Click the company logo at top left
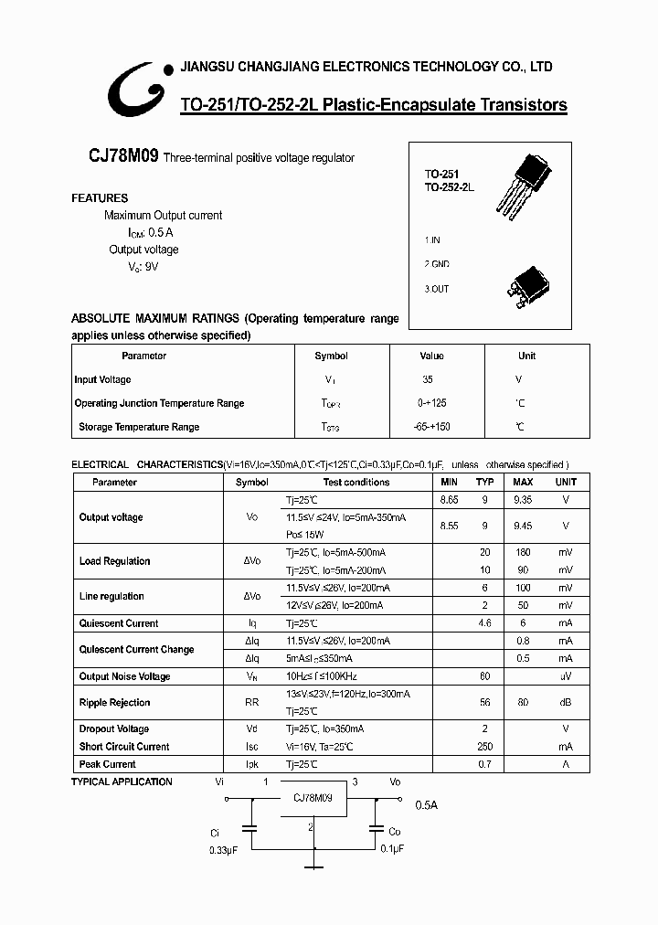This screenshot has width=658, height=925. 137,89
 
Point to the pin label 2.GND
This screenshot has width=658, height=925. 436,264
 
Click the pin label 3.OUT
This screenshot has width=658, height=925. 436,289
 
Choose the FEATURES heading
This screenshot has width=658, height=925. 100,198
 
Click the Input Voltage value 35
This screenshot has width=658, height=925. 428,379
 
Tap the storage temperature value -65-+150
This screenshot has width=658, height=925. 431,427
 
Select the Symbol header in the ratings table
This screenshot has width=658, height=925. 331,356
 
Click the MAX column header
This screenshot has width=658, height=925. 523,482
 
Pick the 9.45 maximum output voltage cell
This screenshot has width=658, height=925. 523,526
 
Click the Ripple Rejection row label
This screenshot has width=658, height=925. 114,703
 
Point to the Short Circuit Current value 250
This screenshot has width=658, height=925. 484,747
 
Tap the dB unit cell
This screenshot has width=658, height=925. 566,703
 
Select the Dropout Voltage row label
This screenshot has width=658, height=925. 113,729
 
